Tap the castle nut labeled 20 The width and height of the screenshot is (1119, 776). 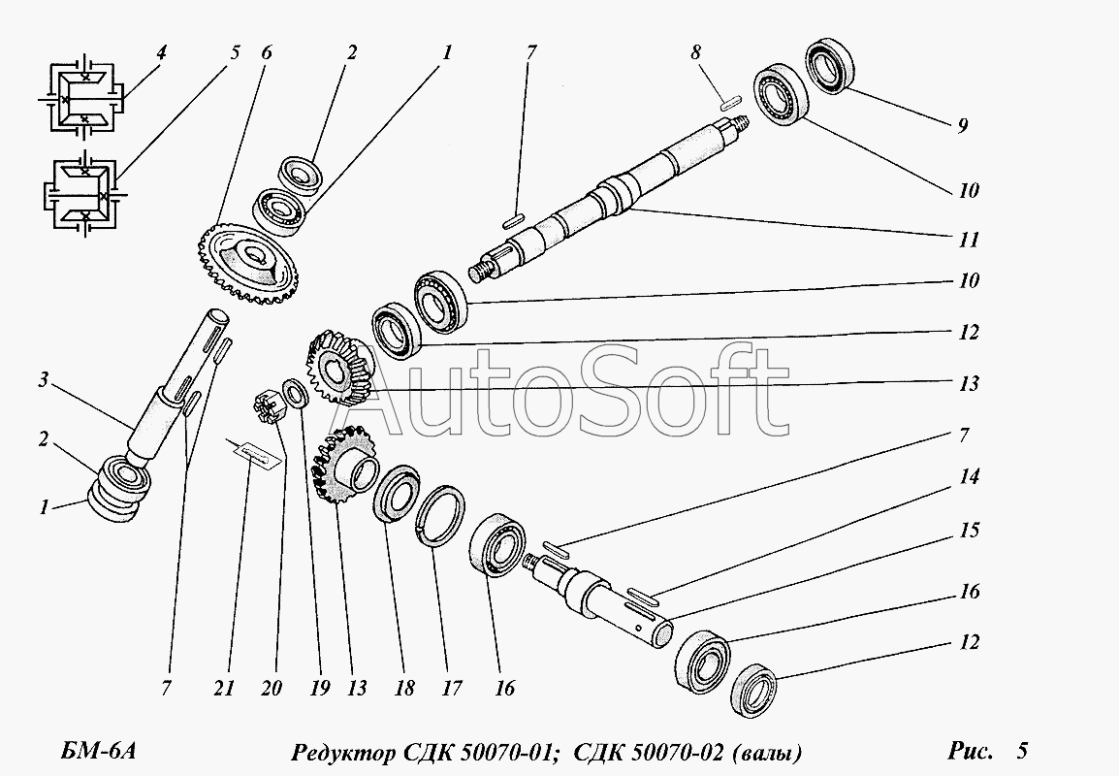[268, 407]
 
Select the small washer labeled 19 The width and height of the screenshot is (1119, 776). [296, 393]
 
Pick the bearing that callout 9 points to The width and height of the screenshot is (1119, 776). [830, 66]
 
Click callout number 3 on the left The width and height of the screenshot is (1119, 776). [44, 380]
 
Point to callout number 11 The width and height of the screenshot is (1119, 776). [969, 240]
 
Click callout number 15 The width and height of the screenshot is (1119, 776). [969, 531]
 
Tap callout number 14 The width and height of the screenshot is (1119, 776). [969, 476]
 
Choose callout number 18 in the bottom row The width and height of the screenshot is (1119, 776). [404, 688]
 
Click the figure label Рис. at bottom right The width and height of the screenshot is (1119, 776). [971, 751]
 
